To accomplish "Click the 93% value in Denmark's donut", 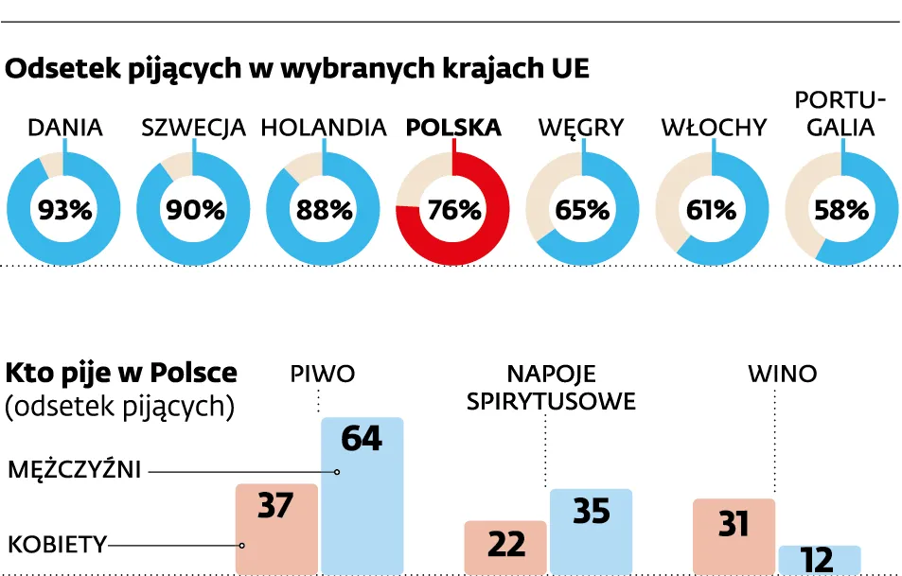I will tap(63, 209).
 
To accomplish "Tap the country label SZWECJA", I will tap(193, 128).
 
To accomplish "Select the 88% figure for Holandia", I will tap(324, 209).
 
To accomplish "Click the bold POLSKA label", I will tap(453, 128).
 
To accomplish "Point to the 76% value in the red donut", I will tap(453, 209).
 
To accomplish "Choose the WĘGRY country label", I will tap(581, 128).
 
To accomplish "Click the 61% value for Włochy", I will tap(711, 209).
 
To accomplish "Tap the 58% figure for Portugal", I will tap(841, 209).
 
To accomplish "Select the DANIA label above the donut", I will tap(64, 128).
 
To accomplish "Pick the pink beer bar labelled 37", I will tap(276, 530).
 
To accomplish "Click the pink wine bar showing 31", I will tap(734, 535).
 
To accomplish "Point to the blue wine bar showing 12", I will tap(820, 560).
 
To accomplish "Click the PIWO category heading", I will tap(322, 374).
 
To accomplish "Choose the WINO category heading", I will tap(782, 374).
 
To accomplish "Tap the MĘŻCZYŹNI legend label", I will tap(74, 470).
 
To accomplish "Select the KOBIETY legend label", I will tap(57, 544).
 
